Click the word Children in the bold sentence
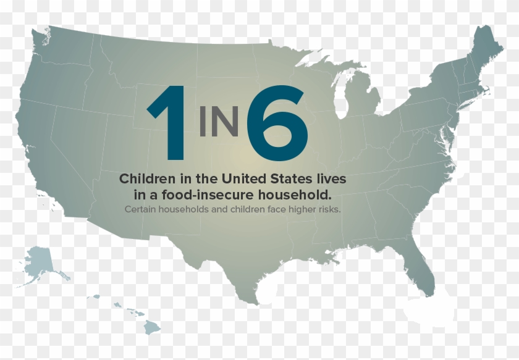tap(146, 179)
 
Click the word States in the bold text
tap(292, 179)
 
